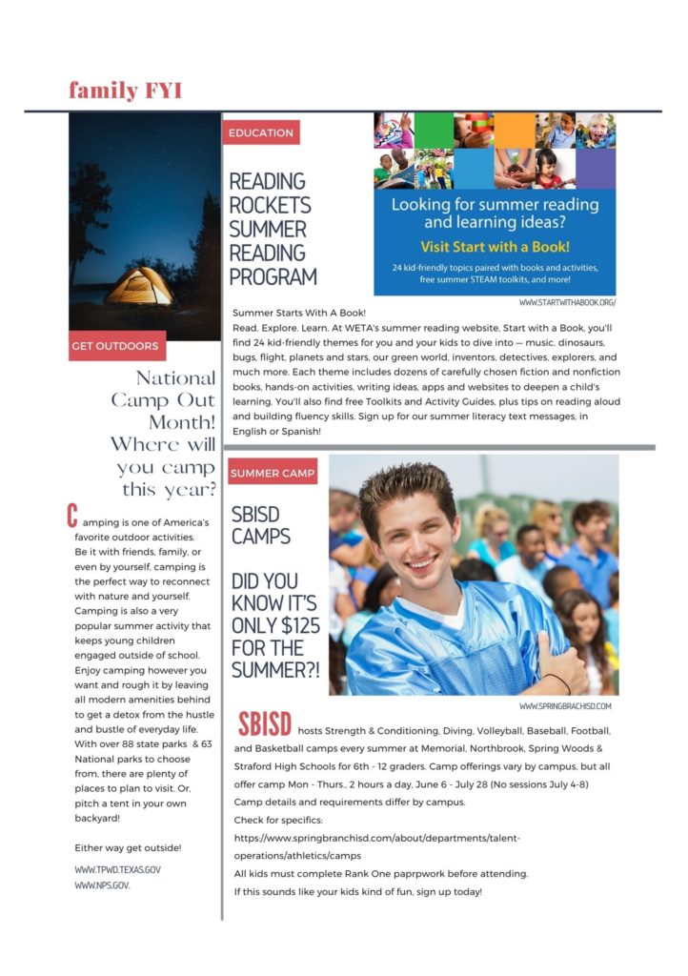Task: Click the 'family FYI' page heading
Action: (x=125, y=91)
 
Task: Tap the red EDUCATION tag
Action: (x=261, y=132)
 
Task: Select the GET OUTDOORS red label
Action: (x=114, y=346)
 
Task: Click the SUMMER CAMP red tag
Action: (x=273, y=474)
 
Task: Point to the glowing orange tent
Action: (x=139, y=285)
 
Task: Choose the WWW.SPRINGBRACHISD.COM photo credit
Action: (x=565, y=706)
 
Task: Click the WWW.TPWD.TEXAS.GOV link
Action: (x=117, y=870)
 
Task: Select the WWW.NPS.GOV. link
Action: (x=102, y=885)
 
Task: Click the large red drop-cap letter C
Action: (x=71, y=517)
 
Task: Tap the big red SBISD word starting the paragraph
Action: (x=265, y=723)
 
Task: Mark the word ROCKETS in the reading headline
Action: (x=270, y=205)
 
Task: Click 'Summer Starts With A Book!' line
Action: (x=299, y=313)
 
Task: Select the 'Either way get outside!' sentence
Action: (x=128, y=847)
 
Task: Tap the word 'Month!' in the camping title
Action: (x=182, y=421)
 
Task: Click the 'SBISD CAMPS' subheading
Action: (x=261, y=524)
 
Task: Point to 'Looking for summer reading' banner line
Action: (x=495, y=205)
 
